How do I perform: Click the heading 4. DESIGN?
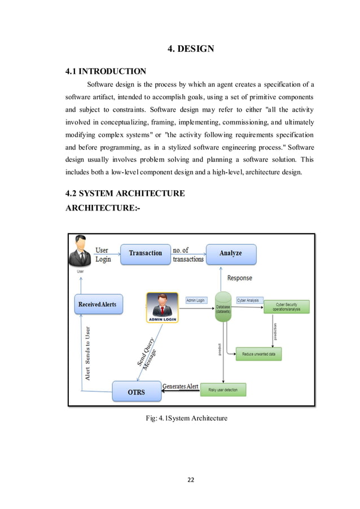(191, 49)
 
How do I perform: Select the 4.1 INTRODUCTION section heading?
(106, 72)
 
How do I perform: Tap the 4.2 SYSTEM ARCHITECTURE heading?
(125, 194)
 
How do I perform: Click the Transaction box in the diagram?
(145, 253)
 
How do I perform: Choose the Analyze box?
(230, 253)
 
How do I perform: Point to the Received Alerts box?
(98, 304)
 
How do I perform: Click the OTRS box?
(135, 392)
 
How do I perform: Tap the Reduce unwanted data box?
(258, 354)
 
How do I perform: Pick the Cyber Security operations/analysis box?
(288, 307)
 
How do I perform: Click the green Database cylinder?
(223, 308)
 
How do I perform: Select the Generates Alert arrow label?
(180, 386)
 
